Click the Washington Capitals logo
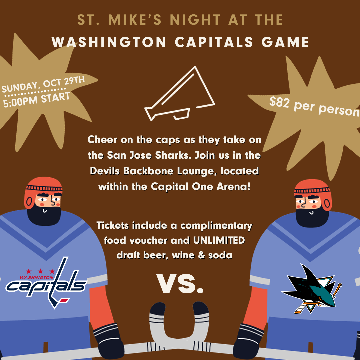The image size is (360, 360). [46, 283]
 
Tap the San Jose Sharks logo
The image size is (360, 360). [312, 289]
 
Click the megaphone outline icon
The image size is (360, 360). [180, 93]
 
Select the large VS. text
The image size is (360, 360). [180, 284]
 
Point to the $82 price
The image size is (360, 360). [279, 102]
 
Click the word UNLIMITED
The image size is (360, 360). [219, 240]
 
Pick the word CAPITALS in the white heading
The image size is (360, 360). [214, 42]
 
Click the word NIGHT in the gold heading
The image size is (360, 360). [195, 20]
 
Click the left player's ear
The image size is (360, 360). [29, 202]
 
